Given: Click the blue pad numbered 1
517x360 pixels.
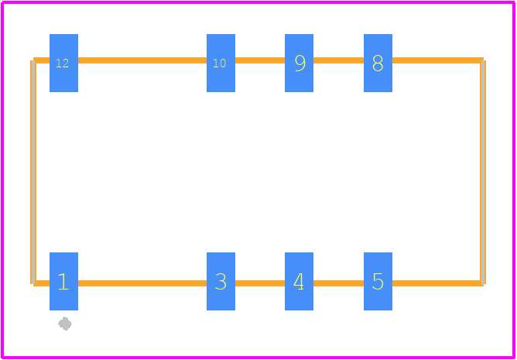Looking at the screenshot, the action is coord(63,281).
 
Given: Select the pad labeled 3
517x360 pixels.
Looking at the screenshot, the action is coord(221,281).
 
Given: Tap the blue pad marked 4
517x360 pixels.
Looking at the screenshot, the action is coord(299,281).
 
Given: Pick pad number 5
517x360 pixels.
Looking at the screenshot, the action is coord(378,281).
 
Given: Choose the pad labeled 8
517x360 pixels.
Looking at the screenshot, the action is coord(378,63).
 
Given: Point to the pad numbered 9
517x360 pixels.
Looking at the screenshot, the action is coord(299,63).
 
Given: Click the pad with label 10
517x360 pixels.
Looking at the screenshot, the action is coord(221,63).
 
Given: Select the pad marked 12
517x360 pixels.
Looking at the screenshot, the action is coord(63,63).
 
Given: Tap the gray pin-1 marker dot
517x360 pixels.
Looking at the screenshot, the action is coord(65,324).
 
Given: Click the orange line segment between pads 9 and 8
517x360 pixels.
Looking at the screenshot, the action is coord(339,60).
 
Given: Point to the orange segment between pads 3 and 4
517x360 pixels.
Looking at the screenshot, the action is coord(260,283).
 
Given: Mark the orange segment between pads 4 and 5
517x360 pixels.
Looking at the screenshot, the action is coord(339,283).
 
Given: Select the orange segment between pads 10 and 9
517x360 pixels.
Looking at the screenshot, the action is coord(260,60).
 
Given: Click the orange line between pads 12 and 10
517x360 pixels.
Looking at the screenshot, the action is coord(142,60).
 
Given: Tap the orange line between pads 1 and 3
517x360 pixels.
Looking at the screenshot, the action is coord(142,283).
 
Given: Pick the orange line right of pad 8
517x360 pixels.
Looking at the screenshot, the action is coord(438,60).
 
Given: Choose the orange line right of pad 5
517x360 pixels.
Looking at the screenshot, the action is coord(438,283).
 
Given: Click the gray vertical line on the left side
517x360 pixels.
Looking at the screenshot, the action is coord(33,172).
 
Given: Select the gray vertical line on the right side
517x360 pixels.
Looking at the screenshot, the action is coord(483,172).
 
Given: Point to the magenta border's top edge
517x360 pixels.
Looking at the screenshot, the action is coord(258,2).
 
